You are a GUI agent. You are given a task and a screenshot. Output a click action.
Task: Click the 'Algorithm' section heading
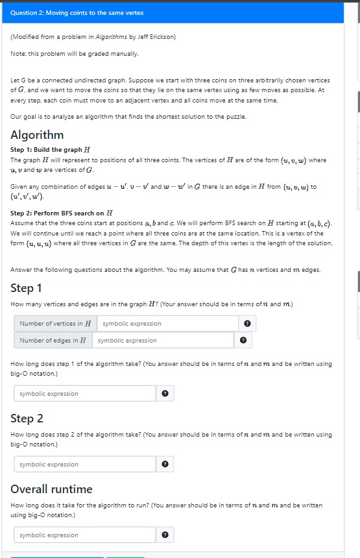pos(37,135)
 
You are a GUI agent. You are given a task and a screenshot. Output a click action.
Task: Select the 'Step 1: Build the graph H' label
pos(51,150)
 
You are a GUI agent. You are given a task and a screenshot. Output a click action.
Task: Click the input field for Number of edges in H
pos(162,340)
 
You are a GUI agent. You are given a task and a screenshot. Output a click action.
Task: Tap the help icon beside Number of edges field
pos(243,340)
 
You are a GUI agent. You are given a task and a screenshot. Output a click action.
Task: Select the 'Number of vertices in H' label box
pos(55,323)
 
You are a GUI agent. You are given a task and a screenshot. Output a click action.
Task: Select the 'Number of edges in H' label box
pos(53,340)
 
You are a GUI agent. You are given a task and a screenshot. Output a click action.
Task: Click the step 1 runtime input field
pos(84,393)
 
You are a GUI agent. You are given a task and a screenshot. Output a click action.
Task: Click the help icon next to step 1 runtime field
pos(165,393)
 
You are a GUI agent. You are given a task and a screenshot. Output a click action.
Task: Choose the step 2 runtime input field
pos(84,464)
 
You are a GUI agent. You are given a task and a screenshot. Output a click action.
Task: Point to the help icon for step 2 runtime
pos(165,464)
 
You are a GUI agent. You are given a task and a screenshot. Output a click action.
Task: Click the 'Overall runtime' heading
pos(51,489)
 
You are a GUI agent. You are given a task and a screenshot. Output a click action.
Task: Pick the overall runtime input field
pos(84,535)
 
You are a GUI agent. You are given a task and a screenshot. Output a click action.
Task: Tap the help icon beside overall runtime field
pos(165,535)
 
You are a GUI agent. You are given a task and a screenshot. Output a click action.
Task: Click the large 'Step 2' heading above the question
pos(27,418)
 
